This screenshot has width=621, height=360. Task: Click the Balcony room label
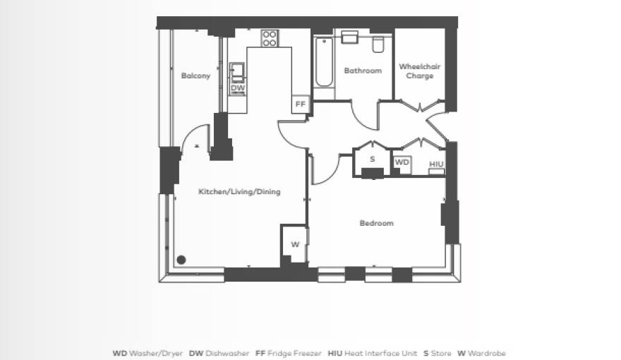tap(195, 76)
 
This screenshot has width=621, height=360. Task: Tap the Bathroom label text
tap(363, 71)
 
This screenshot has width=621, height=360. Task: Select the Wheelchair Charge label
tap(419, 71)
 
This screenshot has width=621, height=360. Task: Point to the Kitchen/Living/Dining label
tap(239, 192)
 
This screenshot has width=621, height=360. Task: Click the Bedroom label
tap(376, 223)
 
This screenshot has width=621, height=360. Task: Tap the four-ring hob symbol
tap(270, 38)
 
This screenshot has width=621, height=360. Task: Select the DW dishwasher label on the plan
tap(238, 88)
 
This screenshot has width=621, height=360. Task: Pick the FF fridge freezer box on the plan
tap(301, 104)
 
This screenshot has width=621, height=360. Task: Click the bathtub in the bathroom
tap(324, 62)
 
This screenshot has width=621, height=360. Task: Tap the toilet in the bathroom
tap(378, 44)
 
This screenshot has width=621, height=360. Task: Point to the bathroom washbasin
tap(350, 37)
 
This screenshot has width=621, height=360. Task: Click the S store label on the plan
tap(373, 160)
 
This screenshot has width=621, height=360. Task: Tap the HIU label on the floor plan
tap(436, 164)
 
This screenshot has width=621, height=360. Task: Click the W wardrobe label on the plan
tap(296, 244)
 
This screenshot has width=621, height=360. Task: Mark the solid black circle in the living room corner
tap(181, 260)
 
